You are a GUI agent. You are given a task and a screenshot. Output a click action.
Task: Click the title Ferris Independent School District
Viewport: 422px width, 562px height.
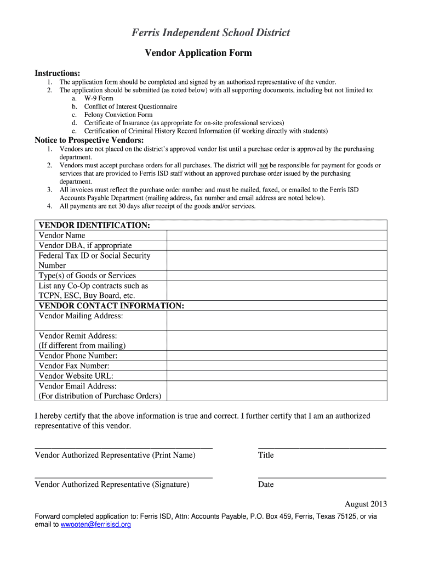pos(210,33)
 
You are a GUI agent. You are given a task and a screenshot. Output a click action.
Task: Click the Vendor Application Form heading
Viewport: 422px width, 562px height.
pos(198,53)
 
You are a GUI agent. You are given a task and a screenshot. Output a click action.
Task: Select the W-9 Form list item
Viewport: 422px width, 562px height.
pos(99,98)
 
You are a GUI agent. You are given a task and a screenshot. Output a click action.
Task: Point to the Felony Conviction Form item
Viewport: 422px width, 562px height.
pos(118,115)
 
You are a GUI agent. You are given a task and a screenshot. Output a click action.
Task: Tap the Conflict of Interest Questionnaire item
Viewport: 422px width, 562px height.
pos(130,106)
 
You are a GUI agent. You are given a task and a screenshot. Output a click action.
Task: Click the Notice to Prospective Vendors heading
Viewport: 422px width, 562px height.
pos(89,140)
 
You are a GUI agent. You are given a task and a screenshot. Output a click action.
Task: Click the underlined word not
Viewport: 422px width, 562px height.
pos(264,165)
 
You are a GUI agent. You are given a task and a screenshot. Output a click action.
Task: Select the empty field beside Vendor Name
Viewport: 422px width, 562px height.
pos(277,235)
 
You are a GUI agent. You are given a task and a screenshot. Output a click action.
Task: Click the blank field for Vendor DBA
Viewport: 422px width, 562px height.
pos(277,245)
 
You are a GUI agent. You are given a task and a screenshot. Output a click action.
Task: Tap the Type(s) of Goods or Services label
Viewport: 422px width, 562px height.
pos(87,276)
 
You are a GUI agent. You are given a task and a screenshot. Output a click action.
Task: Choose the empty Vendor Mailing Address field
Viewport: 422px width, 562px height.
pos(277,321)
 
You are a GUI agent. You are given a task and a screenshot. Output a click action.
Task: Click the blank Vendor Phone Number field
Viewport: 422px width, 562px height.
pos(277,356)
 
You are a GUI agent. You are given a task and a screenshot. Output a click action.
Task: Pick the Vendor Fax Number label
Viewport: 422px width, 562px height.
pos(73,366)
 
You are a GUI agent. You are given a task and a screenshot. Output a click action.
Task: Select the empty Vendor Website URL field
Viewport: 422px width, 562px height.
pos(277,376)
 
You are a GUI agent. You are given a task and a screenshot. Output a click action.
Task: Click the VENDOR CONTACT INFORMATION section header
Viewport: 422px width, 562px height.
pos(111,306)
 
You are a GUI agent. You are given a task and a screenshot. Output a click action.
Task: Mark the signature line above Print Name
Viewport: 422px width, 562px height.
pos(123,448)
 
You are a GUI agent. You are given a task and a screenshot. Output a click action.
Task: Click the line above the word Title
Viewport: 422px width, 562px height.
pos(322,448)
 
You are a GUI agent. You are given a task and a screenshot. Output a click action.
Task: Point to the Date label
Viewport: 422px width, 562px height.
pos(266,485)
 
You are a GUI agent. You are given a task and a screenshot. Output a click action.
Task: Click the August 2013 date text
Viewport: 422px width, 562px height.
pos(366,504)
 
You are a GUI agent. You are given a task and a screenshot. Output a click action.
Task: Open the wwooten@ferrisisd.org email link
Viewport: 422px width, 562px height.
pos(96,525)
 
